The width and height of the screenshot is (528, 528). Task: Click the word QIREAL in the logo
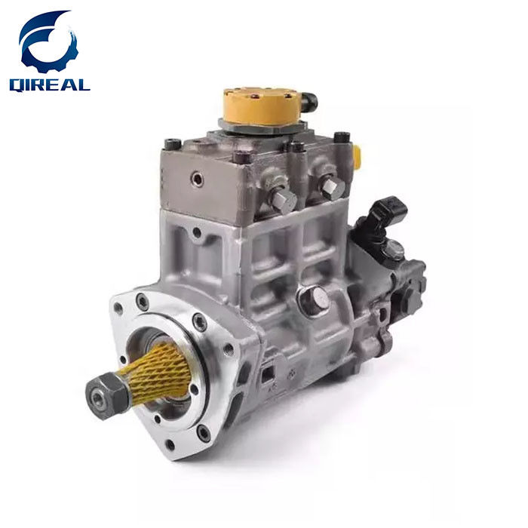pyautogui.click(x=50, y=84)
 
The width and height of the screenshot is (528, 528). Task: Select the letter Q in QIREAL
pyautogui.click(x=17, y=84)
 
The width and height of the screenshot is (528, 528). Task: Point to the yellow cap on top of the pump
pyautogui.click(x=262, y=106)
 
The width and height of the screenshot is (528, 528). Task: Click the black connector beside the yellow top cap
pyautogui.click(x=308, y=100)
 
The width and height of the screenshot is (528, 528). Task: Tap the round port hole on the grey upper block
pyautogui.click(x=197, y=180)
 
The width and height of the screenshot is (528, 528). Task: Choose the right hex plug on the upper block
pyautogui.click(x=333, y=187)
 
